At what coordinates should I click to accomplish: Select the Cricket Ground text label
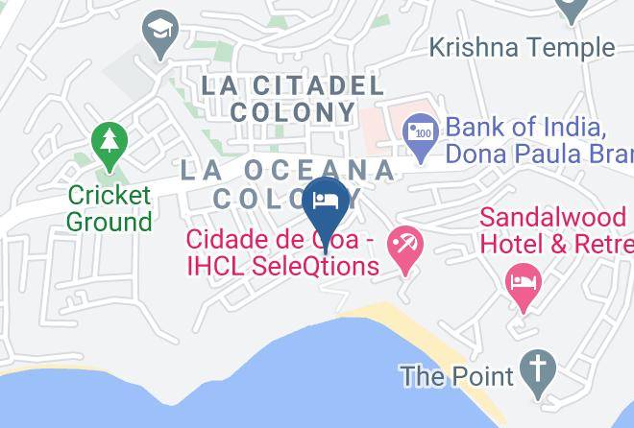[110, 209]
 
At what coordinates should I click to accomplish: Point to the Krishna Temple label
[521, 47]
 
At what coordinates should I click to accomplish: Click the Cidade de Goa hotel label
[281, 251]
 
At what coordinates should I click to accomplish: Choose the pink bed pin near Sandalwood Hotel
[524, 285]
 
